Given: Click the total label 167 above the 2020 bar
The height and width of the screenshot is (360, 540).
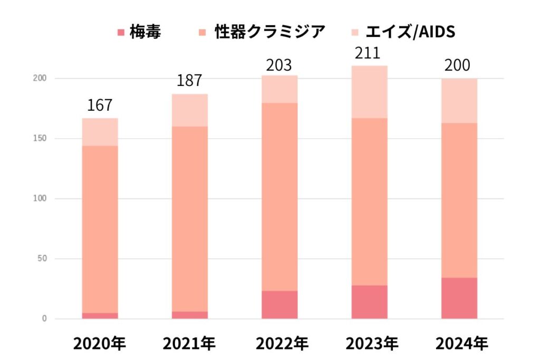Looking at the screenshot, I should [x=100, y=105].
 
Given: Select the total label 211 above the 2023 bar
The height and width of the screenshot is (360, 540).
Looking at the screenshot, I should [x=369, y=53].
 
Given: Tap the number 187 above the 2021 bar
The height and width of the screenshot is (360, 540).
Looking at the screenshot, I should [x=189, y=81].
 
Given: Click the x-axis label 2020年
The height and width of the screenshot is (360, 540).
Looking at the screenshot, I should [x=100, y=344].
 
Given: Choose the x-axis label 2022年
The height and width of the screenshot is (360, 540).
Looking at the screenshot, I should [x=279, y=344].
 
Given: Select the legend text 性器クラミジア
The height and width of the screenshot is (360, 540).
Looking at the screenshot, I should [x=269, y=32].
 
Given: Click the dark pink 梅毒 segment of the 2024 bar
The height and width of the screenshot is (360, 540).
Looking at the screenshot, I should [x=459, y=298].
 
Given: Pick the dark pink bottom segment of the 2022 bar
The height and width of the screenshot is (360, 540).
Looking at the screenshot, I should [x=279, y=305].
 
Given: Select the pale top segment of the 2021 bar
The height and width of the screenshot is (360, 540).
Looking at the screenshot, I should [x=190, y=110].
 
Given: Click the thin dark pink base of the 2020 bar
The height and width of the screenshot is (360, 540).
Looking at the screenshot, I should [x=100, y=316].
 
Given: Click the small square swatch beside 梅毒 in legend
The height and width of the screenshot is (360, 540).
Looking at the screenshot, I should [x=121, y=33].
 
